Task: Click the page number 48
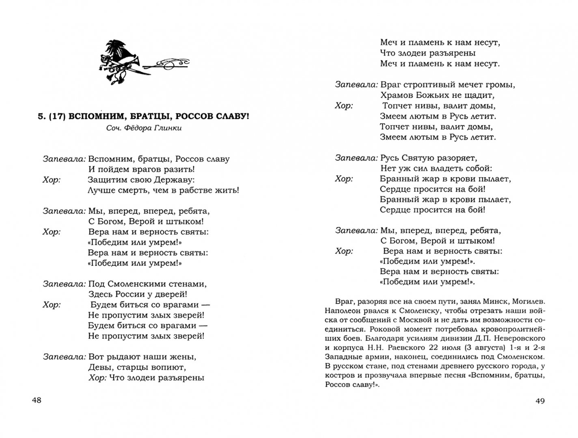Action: (37, 401)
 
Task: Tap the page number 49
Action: (540, 401)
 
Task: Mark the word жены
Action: (183, 357)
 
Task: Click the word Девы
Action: (98, 367)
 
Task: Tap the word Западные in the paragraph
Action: (342, 357)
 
